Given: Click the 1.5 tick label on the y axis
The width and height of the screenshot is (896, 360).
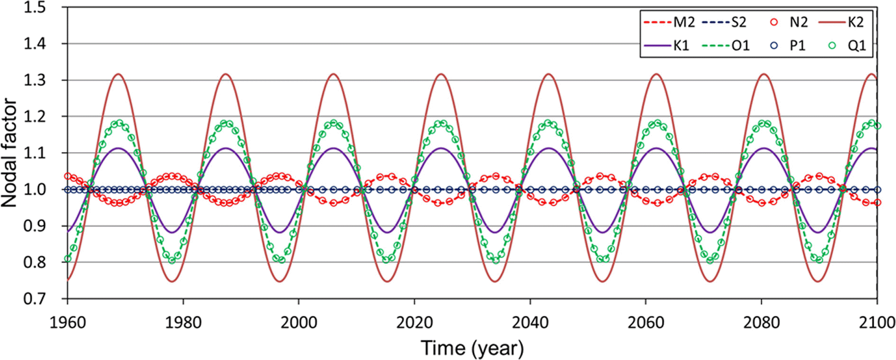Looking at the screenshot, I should [35, 8].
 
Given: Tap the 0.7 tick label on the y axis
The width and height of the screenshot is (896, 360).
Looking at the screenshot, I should [35, 299].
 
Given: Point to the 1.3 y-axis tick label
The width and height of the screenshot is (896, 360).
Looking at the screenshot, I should [35, 80].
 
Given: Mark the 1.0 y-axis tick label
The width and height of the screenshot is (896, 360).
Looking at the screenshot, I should [35, 190].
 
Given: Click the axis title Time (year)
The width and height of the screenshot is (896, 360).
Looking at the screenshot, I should [472, 348].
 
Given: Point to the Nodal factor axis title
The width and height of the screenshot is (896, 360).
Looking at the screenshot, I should [9, 153].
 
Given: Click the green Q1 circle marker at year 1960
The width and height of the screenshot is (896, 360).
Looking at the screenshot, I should [68, 259].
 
